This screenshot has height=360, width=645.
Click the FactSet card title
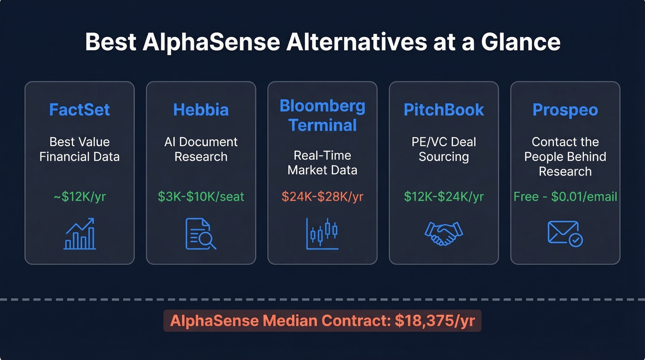pyautogui.click(x=79, y=110)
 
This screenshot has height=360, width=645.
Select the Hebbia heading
pyautogui.click(x=201, y=110)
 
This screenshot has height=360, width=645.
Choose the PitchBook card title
pyautogui.click(x=444, y=110)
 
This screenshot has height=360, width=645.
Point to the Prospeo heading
pyautogui.click(x=565, y=110)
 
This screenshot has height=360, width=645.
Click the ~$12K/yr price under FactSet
pyautogui.click(x=79, y=197)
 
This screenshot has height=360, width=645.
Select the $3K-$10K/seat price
pyautogui.click(x=201, y=197)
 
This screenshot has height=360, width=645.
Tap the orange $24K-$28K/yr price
pyautogui.click(x=322, y=197)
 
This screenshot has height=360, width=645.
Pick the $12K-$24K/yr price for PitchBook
pyautogui.click(x=444, y=197)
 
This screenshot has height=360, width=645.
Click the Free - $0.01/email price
pyautogui.click(x=565, y=197)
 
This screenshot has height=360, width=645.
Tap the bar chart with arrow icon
pyautogui.click(x=79, y=234)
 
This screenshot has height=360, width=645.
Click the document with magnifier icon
pyautogui.click(x=201, y=234)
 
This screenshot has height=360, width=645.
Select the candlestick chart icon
pyautogui.click(x=322, y=234)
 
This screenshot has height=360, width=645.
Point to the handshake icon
pyautogui.click(x=444, y=234)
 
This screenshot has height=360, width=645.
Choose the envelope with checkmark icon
pyautogui.click(x=565, y=234)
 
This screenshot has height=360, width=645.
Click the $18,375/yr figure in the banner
pyautogui.click(x=434, y=321)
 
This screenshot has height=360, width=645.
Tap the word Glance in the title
pyautogui.click(x=521, y=42)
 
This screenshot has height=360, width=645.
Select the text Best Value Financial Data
pyautogui.click(x=79, y=149)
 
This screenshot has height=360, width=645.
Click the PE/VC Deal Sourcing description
pyautogui.click(x=444, y=149)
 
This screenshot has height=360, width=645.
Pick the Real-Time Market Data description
pyautogui.click(x=322, y=163)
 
